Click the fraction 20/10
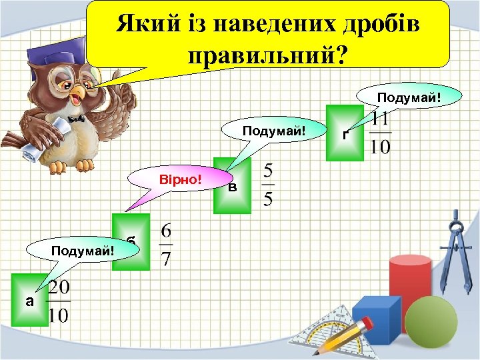tap(58, 301)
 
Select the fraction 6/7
tap(166, 245)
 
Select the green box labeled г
tap(345, 133)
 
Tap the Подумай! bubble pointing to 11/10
tap(408, 99)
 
